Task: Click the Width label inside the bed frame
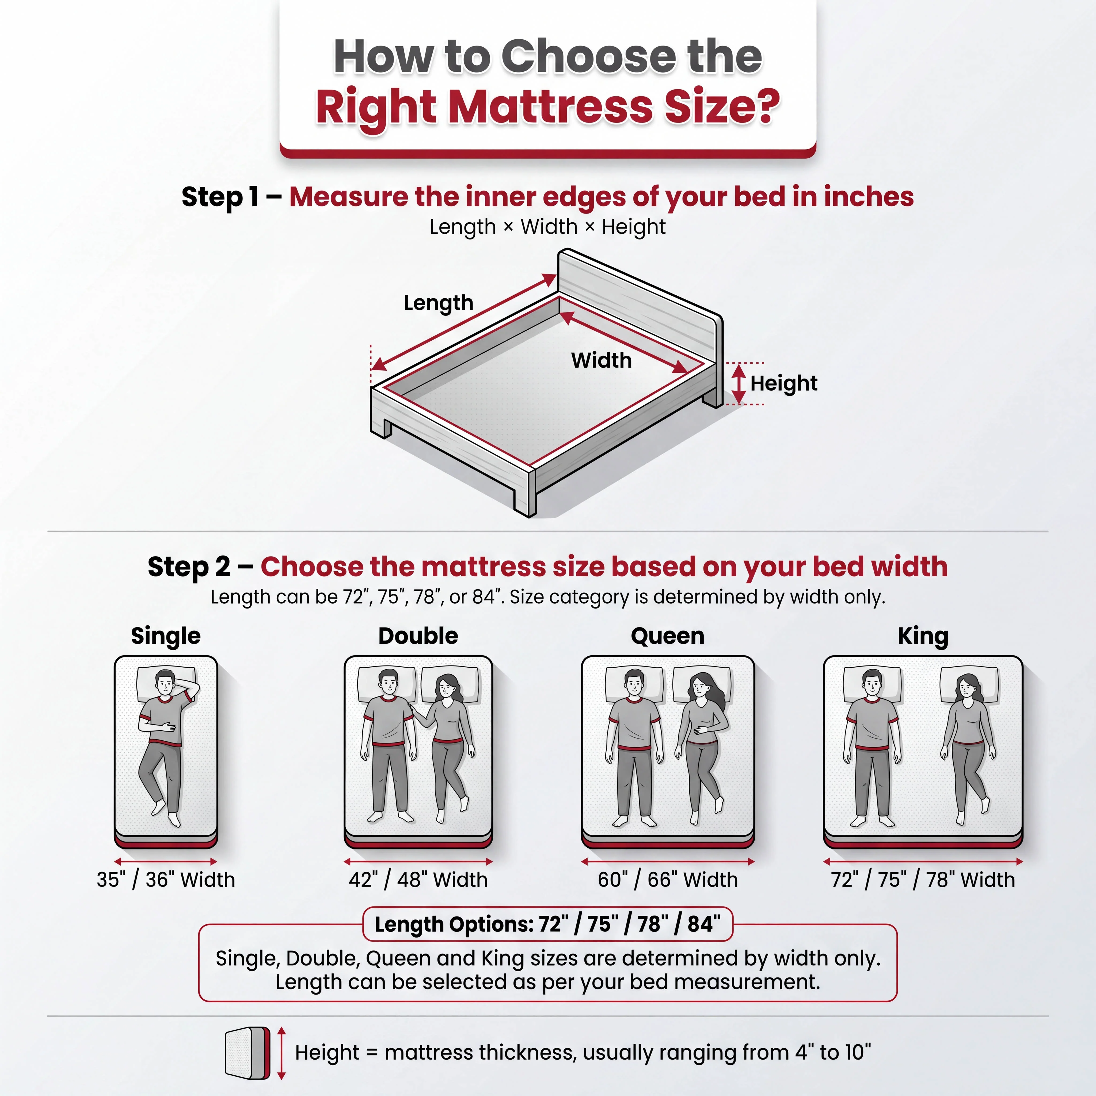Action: [x=601, y=360]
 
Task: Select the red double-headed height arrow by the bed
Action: [x=739, y=384]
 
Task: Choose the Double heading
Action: [x=418, y=636]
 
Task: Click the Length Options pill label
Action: [x=547, y=924]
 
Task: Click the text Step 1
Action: [x=220, y=197]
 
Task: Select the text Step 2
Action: [x=189, y=567]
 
